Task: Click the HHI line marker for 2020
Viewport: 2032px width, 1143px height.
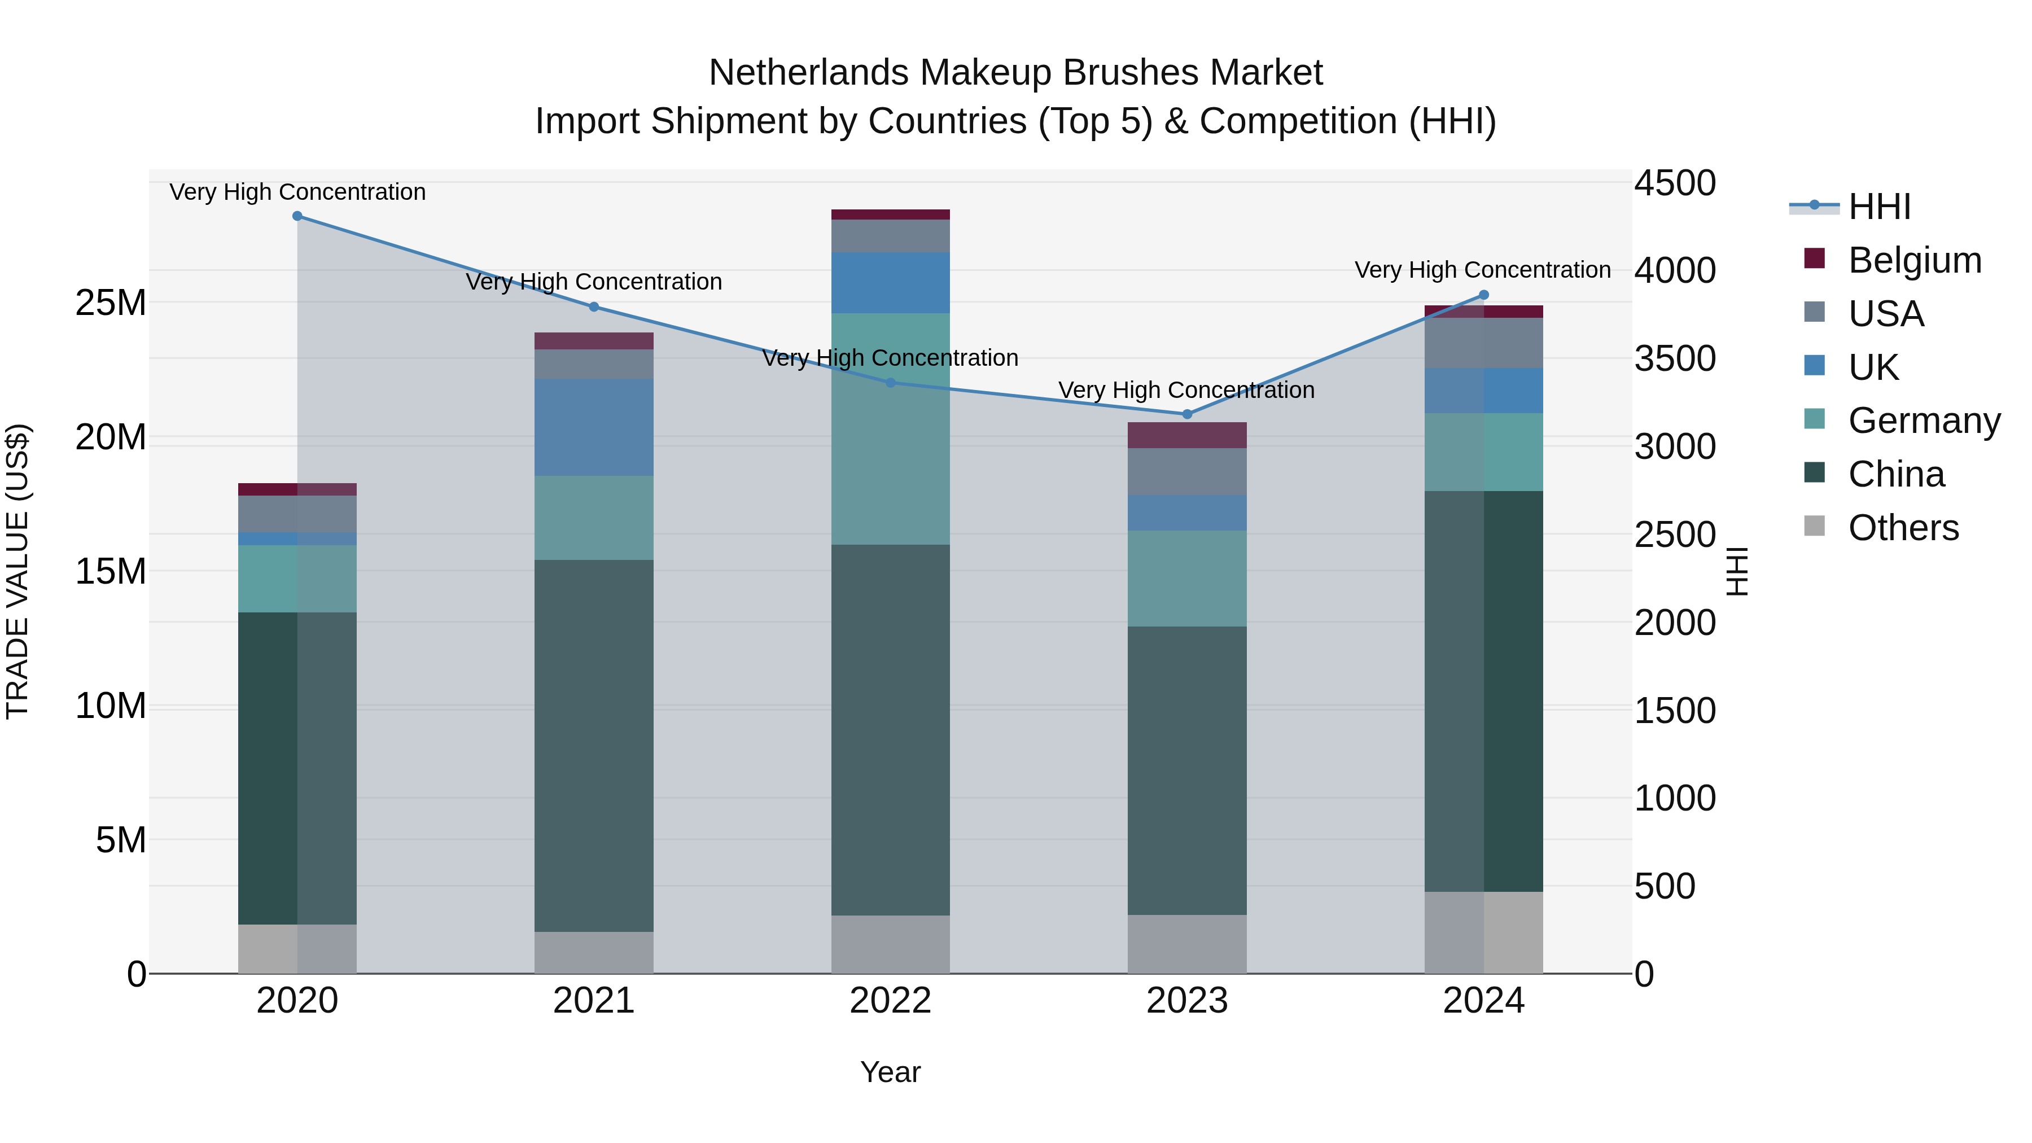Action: pos(297,216)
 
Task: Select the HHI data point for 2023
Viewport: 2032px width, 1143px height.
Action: pos(1187,414)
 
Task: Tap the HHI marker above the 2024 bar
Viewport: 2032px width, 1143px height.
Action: pos(1484,295)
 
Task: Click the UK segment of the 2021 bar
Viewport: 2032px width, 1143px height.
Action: pos(594,427)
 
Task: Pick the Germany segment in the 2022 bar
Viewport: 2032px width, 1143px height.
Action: pos(891,428)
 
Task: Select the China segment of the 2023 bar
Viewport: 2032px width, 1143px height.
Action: pos(1187,770)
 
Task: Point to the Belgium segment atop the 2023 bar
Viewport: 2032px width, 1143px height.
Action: pos(1187,435)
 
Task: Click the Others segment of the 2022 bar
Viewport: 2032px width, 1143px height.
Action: pos(891,944)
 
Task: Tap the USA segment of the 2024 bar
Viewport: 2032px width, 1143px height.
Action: pos(1484,343)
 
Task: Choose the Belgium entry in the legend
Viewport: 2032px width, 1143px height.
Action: pos(1915,260)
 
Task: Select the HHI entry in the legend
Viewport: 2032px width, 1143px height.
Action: pos(1879,207)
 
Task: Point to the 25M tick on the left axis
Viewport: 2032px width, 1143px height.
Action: pos(111,303)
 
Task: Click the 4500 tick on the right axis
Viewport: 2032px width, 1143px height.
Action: pos(1675,183)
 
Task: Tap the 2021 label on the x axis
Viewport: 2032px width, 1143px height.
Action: pos(594,1001)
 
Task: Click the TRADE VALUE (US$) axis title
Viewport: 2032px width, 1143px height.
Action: pos(17,571)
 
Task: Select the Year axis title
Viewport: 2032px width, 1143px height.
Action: pos(891,1072)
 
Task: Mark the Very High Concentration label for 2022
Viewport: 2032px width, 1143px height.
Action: pos(891,358)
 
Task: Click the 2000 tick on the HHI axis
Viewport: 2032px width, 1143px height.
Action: pos(1675,623)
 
